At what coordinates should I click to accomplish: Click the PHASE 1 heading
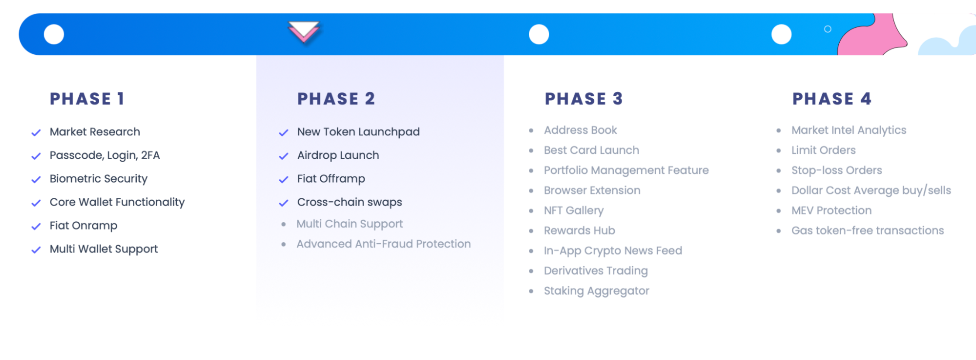[87, 99]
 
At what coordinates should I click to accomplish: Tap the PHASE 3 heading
[583, 99]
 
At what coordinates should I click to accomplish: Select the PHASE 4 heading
[831, 99]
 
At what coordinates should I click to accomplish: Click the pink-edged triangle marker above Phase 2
[303, 32]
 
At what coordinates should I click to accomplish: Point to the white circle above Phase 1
[54, 34]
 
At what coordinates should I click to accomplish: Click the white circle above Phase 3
[539, 34]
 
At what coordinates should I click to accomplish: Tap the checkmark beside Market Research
[36, 132]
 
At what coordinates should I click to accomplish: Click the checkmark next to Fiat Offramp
[284, 179]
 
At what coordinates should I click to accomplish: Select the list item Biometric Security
[98, 179]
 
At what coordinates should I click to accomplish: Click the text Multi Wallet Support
[104, 249]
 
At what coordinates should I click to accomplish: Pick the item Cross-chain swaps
[350, 202]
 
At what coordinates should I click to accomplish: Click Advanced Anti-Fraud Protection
[383, 244]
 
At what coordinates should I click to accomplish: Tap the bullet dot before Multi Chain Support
[284, 224]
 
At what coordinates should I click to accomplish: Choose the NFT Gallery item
[574, 211]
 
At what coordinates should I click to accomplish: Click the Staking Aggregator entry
[596, 291]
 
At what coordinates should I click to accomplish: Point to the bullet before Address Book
[531, 130]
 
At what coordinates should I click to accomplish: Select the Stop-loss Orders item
[836, 170]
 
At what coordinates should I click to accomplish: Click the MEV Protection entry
[831, 211]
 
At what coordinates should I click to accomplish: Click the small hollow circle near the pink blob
[828, 29]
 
